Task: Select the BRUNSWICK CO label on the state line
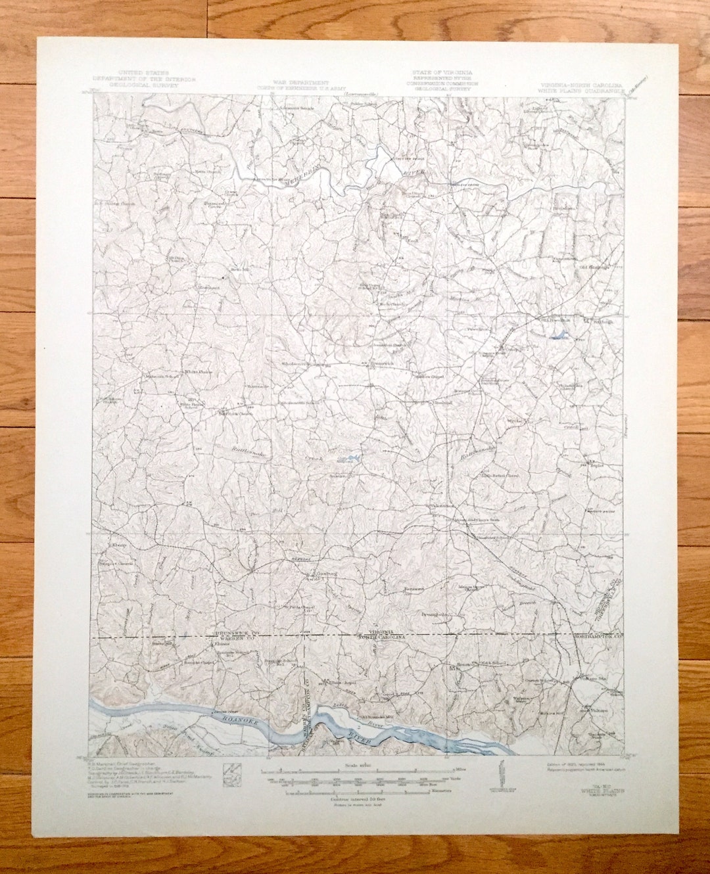234,632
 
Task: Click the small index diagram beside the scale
233,772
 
